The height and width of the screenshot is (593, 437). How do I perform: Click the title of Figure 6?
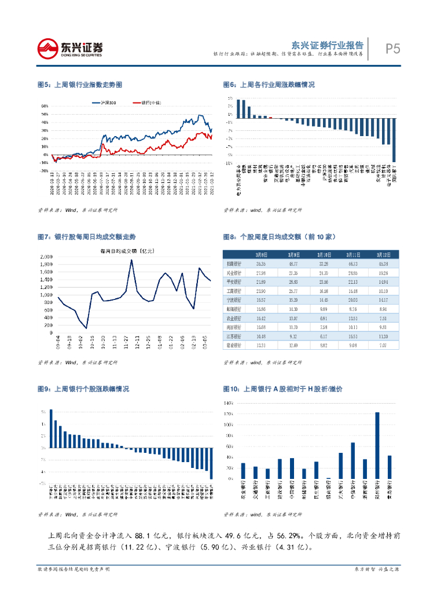(269, 85)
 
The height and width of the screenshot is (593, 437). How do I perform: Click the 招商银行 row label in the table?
(234, 263)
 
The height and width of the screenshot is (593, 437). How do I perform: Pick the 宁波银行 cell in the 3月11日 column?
(353, 300)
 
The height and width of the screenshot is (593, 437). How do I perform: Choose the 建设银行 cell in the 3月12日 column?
(383, 346)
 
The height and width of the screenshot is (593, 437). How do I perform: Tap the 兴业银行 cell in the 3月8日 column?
(261, 273)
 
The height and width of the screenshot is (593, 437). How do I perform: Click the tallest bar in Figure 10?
(377, 446)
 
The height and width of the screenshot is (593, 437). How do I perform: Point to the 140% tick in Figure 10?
(228, 402)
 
